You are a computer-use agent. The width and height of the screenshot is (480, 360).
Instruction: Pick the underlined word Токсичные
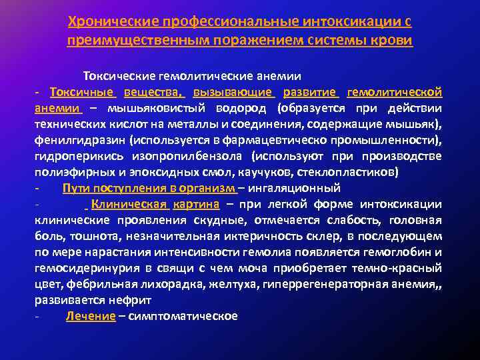click(x=83, y=92)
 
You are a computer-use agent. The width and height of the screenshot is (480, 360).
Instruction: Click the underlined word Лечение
click(x=91, y=316)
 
